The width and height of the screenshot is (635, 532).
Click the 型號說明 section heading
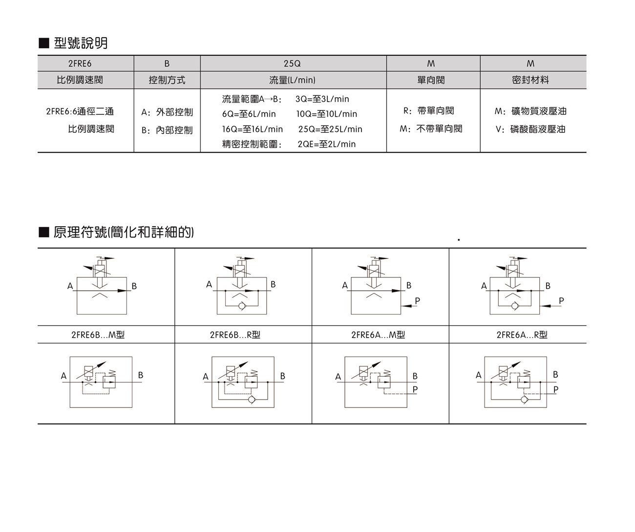pyautogui.click(x=80, y=43)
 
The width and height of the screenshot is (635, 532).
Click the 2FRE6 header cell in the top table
pyautogui.click(x=80, y=64)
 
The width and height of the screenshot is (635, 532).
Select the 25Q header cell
pyautogui.click(x=292, y=64)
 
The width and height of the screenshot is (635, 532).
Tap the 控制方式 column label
pyautogui.click(x=167, y=80)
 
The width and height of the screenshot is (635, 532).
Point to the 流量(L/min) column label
pyautogui.click(x=292, y=80)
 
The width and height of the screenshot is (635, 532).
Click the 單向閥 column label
pyautogui.click(x=431, y=80)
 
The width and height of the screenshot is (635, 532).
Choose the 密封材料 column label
pyautogui.click(x=530, y=80)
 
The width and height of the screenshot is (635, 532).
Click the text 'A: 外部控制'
pyautogui.click(x=167, y=112)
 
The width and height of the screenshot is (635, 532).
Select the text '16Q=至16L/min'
pyautogui.click(x=253, y=129)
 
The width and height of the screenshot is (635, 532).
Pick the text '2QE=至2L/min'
pyautogui.click(x=326, y=144)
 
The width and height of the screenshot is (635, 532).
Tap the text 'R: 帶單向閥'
pyautogui.click(x=428, y=111)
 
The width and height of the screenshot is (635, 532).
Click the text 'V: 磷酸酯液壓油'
pyautogui.click(x=530, y=129)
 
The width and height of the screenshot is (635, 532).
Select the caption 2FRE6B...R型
pyautogui.click(x=235, y=335)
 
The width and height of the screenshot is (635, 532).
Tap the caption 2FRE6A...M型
pyautogui.click(x=378, y=335)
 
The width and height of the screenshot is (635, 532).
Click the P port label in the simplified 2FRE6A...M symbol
pyautogui.click(x=418, y=301)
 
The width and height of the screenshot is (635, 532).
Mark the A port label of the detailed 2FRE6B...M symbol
pyautogui.click(x=63, y=376)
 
